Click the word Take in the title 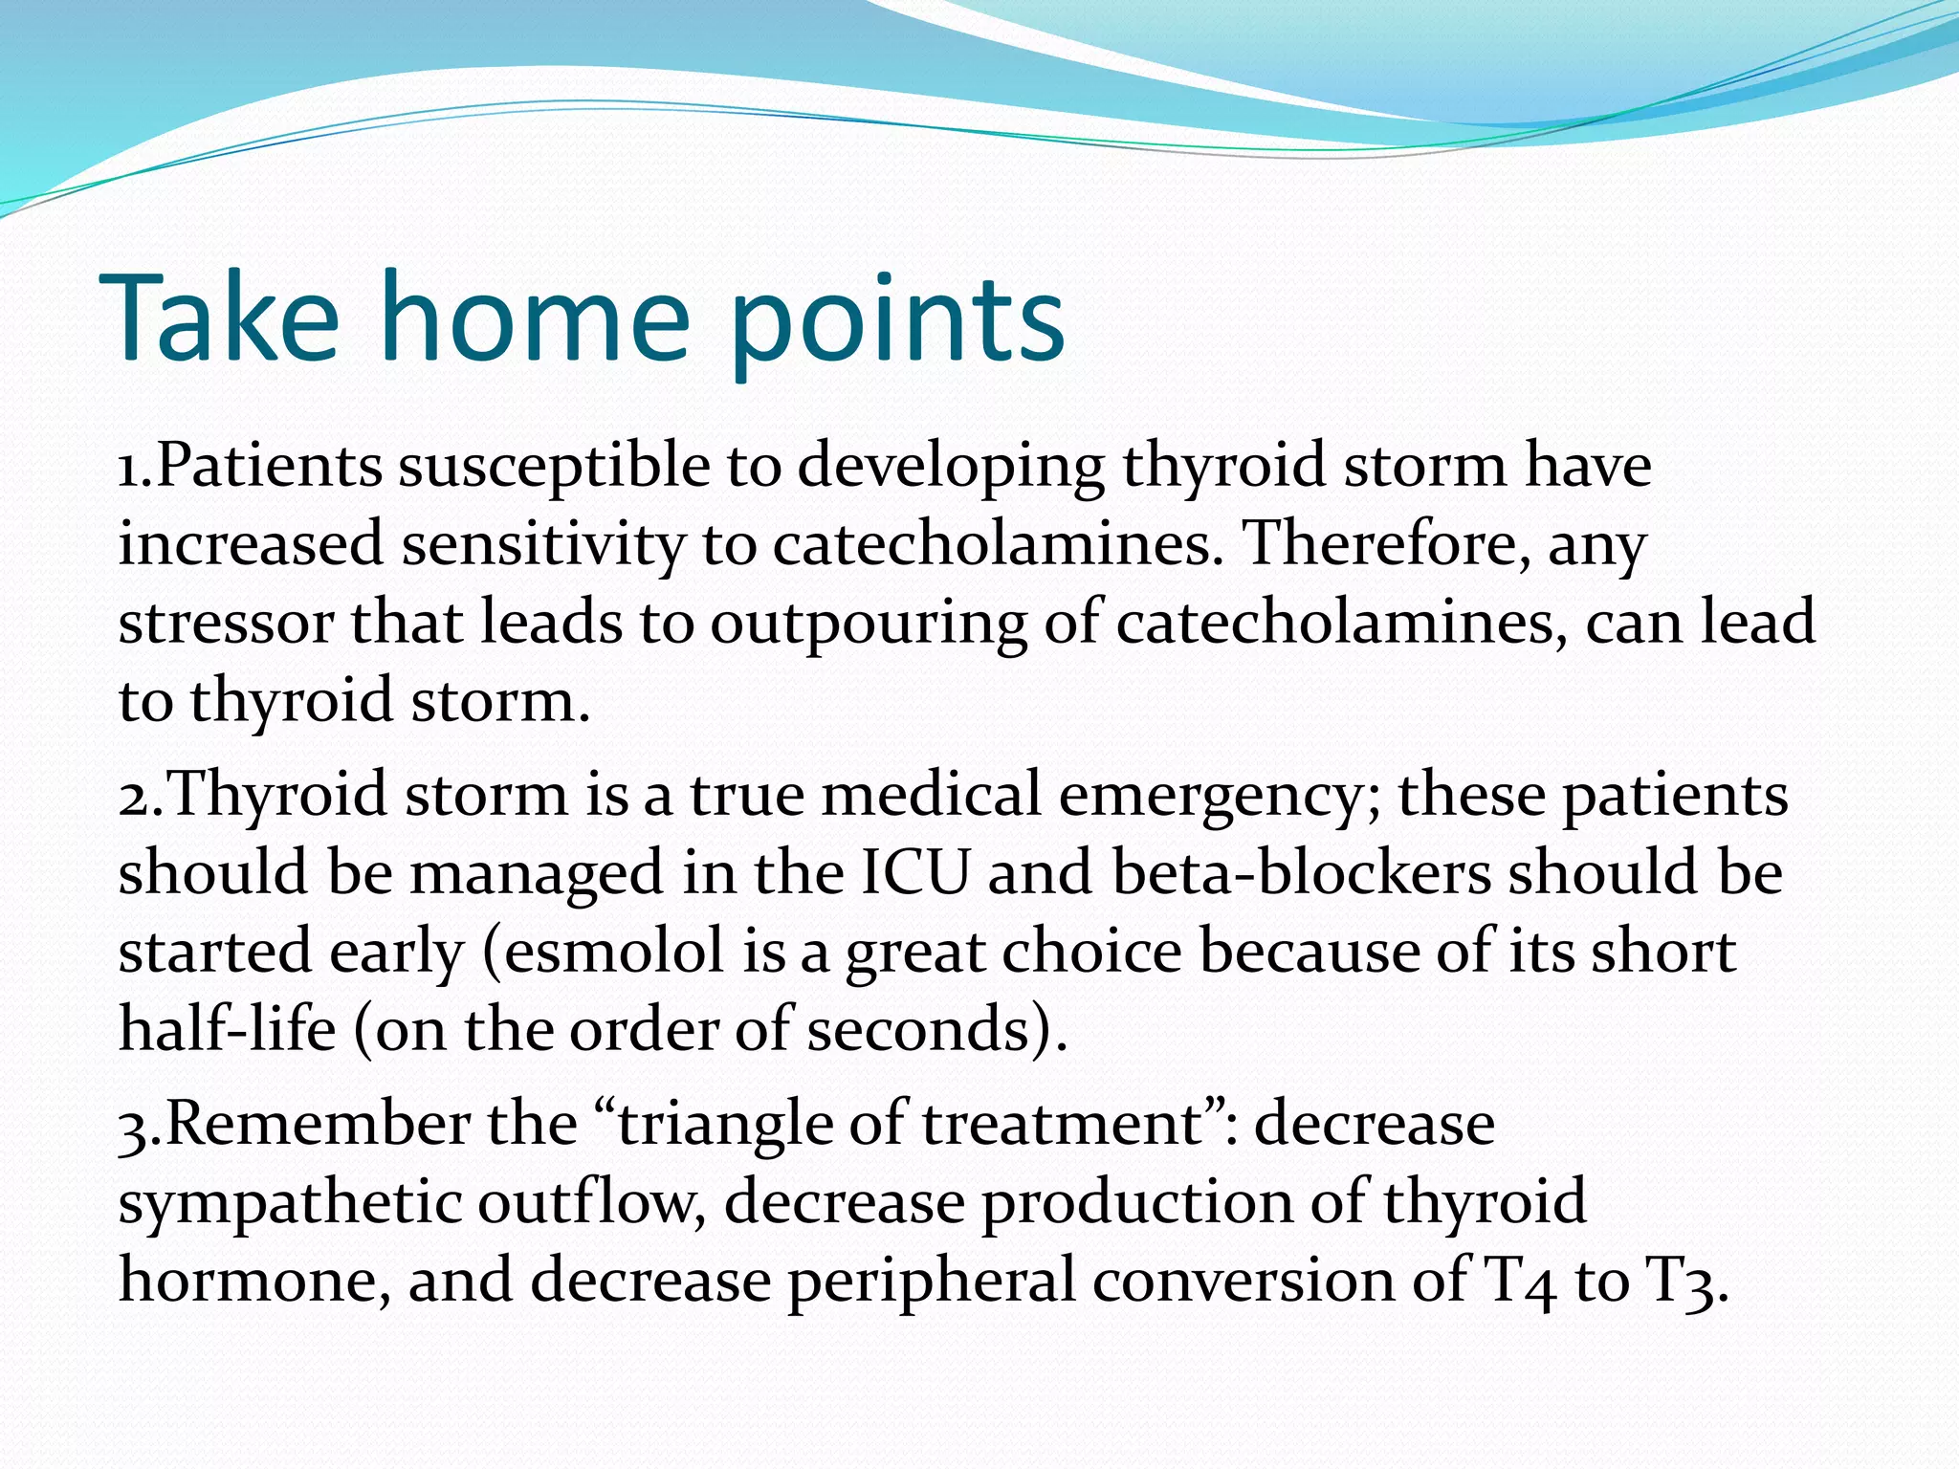tap(219, 318)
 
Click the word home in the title tap(535, 318)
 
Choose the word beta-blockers tap(1301, 874)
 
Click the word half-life tap(227, 1031)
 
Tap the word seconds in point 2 tap(919, 1031)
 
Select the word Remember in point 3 tap(317, 1125)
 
